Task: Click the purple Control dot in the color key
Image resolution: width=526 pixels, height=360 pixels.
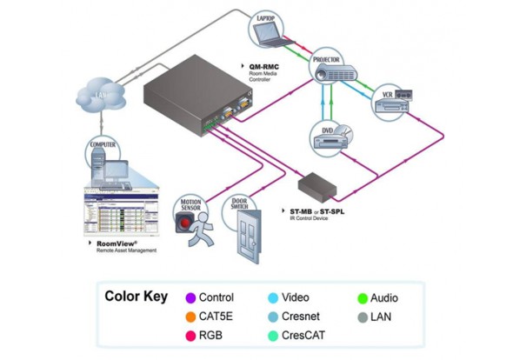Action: tap(190, 297)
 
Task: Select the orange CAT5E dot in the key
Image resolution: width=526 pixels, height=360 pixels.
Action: tap(190, 317)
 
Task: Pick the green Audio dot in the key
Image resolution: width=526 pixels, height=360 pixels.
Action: tap(362, 297)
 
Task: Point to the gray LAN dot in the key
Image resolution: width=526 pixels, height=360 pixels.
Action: tap(362, 317)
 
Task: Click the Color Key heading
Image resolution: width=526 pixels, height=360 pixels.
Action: tap(136, 297)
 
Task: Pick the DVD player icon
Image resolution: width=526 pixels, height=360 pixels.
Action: tap(331, 139)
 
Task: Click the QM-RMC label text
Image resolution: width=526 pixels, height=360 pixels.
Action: tap(265, 66)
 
